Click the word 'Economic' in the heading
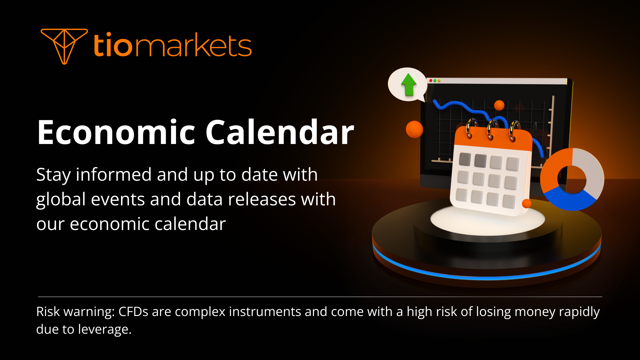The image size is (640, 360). [x=116, y=133]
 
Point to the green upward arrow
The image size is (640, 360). [x=408, y=84]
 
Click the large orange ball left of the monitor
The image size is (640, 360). [x=414, y=129]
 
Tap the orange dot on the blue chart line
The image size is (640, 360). [x=499, y=105]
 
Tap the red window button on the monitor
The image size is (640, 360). [x=431, y=81]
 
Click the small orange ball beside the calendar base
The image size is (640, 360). [x=526, y=203]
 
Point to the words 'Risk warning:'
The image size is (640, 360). [x=75, y=312]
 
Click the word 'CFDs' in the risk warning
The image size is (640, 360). [x=133, y=312]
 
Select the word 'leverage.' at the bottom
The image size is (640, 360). [x=105, y=329]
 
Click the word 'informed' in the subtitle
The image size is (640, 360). [x=114, y=175]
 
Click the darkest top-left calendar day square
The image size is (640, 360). [x=465, y=160]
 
